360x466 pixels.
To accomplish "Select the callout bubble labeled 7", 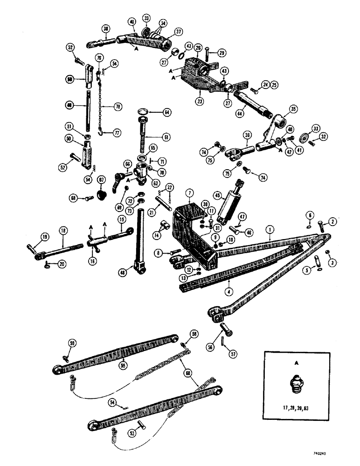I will point(190,192).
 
